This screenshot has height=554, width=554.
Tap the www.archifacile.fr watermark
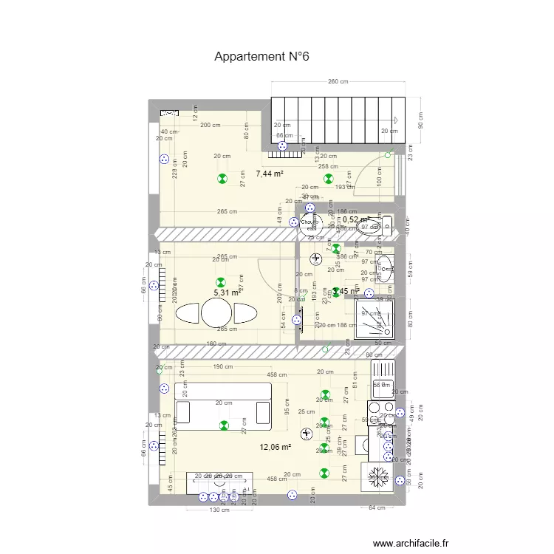(x=411, y=543)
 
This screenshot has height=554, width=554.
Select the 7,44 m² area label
(x=270, y=174)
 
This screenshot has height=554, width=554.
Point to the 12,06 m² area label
(x=275, y=447)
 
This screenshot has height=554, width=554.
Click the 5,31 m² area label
(x=227, y=293)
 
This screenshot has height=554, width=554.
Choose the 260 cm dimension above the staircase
(x=338, y=82)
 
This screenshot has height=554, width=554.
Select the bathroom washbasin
(x=384, y=267)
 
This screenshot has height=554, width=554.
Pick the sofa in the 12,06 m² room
(x=222, y=412)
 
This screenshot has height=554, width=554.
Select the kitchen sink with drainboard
(x=383, y=377)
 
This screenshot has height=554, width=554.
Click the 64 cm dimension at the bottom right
(x=376, y=507)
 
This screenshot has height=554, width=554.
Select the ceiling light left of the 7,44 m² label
(x=222, y=179)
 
